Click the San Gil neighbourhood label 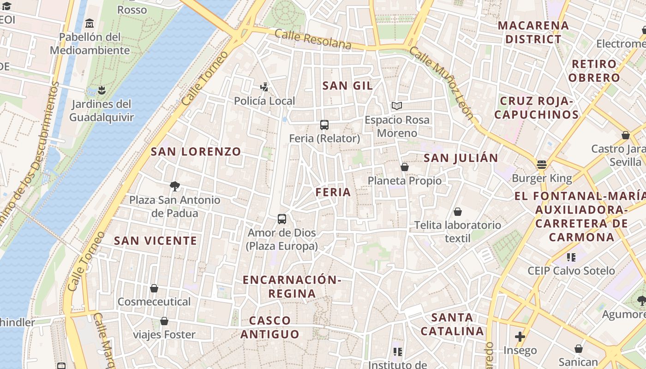347,86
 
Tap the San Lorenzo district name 196,152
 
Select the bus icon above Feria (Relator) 324,125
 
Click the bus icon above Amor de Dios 282,219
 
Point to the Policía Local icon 264,87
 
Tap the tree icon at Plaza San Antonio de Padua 174,186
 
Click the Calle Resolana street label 313,39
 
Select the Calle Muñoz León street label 442,83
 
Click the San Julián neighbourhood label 461,158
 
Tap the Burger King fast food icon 542,165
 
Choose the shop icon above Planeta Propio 405,167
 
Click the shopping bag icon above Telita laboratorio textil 458,212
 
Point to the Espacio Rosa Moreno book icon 397,106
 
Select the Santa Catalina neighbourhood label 452,324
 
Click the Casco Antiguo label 270,327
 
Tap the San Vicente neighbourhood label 156,241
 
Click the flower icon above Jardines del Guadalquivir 102,90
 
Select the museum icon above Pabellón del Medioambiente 90,23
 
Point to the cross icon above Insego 520,337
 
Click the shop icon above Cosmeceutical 154,288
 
